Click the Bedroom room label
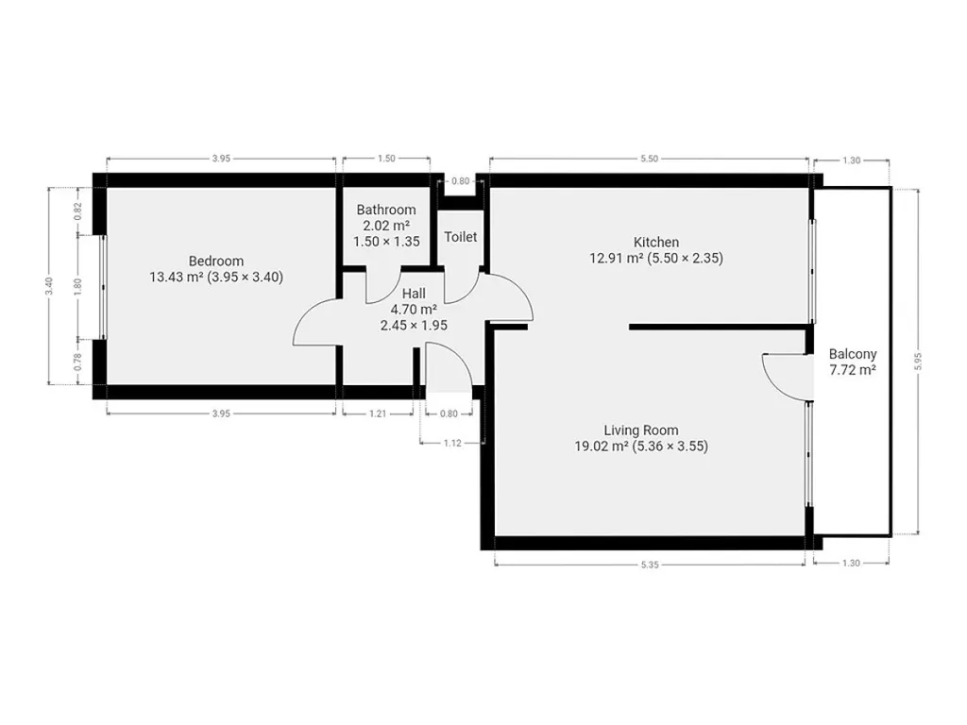tap(216, 261)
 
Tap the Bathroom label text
tap(386, 210)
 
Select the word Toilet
tap(461, 237)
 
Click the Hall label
tap(414, 294)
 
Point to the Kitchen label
tap(656, 243)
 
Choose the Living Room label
tap(641, 430)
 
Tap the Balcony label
tap(853, 354)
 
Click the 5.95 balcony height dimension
tap(918, 362)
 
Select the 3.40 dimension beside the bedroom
tap(49, 286)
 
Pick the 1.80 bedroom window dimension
tap(77, 287)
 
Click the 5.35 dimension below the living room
tap(650, 565)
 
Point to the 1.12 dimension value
tap(452, 443)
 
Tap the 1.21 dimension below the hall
tap(378, 413)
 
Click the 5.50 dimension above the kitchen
tap(649, 159)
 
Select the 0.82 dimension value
tap(77, 211)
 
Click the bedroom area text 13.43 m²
tap(177, 277)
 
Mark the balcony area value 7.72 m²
tap(853, 370)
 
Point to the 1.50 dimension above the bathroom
tap(386, 159)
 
